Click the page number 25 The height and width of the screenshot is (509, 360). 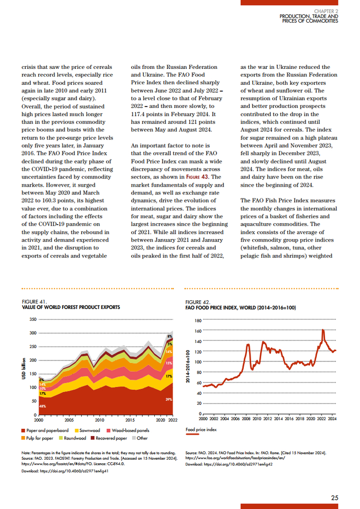click(334, 498)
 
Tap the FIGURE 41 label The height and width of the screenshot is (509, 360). click(34, 301)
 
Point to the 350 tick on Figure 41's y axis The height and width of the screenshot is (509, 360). click(33, 320)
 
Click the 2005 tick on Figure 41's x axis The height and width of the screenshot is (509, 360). click(69, 420)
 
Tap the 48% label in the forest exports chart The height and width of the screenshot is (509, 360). click(43, 407)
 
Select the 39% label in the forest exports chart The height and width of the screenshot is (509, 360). click(169, 399)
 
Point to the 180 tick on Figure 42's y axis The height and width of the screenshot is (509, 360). click(198, 321)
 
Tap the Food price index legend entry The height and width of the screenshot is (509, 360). click(201, 429)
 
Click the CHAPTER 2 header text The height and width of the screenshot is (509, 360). click(327, 11)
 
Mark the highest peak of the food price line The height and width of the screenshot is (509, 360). click(322, 330)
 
